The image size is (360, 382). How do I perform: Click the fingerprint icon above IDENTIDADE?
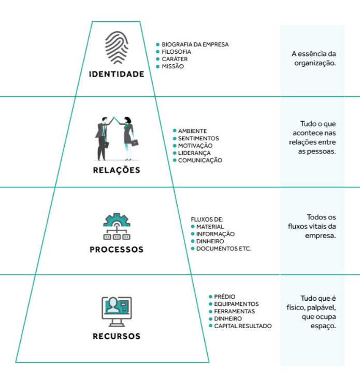point(117,48)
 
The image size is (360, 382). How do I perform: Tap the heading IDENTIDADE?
point(117,74)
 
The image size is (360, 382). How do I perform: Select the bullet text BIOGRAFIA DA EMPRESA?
point(195,45)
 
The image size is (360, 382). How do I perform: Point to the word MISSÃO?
point(172,66)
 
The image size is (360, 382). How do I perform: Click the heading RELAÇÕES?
point(117,170)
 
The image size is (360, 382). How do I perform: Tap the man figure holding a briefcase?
point(102,138)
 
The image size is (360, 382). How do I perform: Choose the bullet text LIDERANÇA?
point(194,153)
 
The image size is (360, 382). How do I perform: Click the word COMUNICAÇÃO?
point(200,160)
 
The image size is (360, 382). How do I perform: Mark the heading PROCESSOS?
point(117,249)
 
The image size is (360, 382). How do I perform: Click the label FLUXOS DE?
point(207,219)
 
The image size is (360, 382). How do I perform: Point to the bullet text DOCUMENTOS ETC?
point(223,249)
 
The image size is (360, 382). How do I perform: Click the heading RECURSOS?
point(117,336)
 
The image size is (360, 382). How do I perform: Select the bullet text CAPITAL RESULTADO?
point(242,326)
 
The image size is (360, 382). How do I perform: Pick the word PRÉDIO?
point(225,297)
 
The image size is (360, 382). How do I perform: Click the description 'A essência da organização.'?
point(314,58)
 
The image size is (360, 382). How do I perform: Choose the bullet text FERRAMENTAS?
point(234,312)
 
